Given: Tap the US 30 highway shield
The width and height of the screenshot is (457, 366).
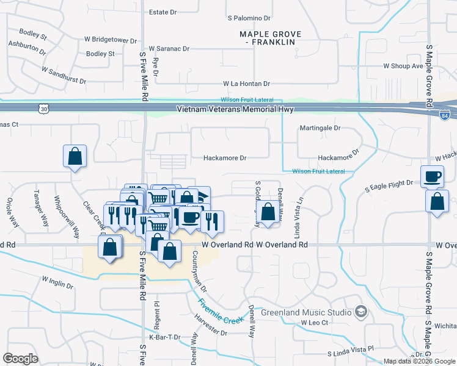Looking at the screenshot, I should (43, 109).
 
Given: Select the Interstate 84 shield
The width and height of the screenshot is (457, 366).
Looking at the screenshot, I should (445, 113).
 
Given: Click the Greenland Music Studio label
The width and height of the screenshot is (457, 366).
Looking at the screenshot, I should (306, 312).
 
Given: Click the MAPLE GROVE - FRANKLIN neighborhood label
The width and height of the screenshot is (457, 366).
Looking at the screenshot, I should (267, 37).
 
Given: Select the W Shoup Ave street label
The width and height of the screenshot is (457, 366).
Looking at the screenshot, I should (403, 66).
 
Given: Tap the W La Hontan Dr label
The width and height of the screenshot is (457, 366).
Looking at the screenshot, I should (246, 83).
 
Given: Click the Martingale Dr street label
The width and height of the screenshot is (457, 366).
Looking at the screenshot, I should (320, 128).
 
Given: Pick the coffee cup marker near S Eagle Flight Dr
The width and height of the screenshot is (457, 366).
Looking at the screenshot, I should (432, 177).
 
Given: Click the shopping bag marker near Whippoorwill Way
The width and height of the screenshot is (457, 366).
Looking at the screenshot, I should (75, 156).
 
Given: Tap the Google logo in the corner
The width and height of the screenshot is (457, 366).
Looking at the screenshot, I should (21, 359).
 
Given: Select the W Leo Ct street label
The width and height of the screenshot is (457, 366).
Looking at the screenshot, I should (315, 322).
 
